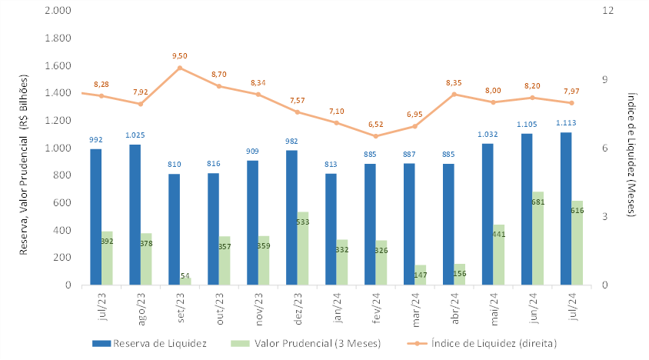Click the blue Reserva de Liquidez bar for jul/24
coord(566,208)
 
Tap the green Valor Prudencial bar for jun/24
coord(538,238)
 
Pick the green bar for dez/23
coord(303,248)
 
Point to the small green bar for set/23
coord(185,281)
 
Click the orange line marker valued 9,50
coord(180,68)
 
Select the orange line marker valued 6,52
coord(376,136)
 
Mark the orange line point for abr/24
coord(454,94)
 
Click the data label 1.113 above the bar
coord(566,123)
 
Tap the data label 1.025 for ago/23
coord(135,135)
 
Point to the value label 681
coord(538,202)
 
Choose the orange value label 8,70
coord(219,74)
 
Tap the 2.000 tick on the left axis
coord(58,11)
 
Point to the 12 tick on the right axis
coord(607,11)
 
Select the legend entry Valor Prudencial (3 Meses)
coord(311,343)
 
